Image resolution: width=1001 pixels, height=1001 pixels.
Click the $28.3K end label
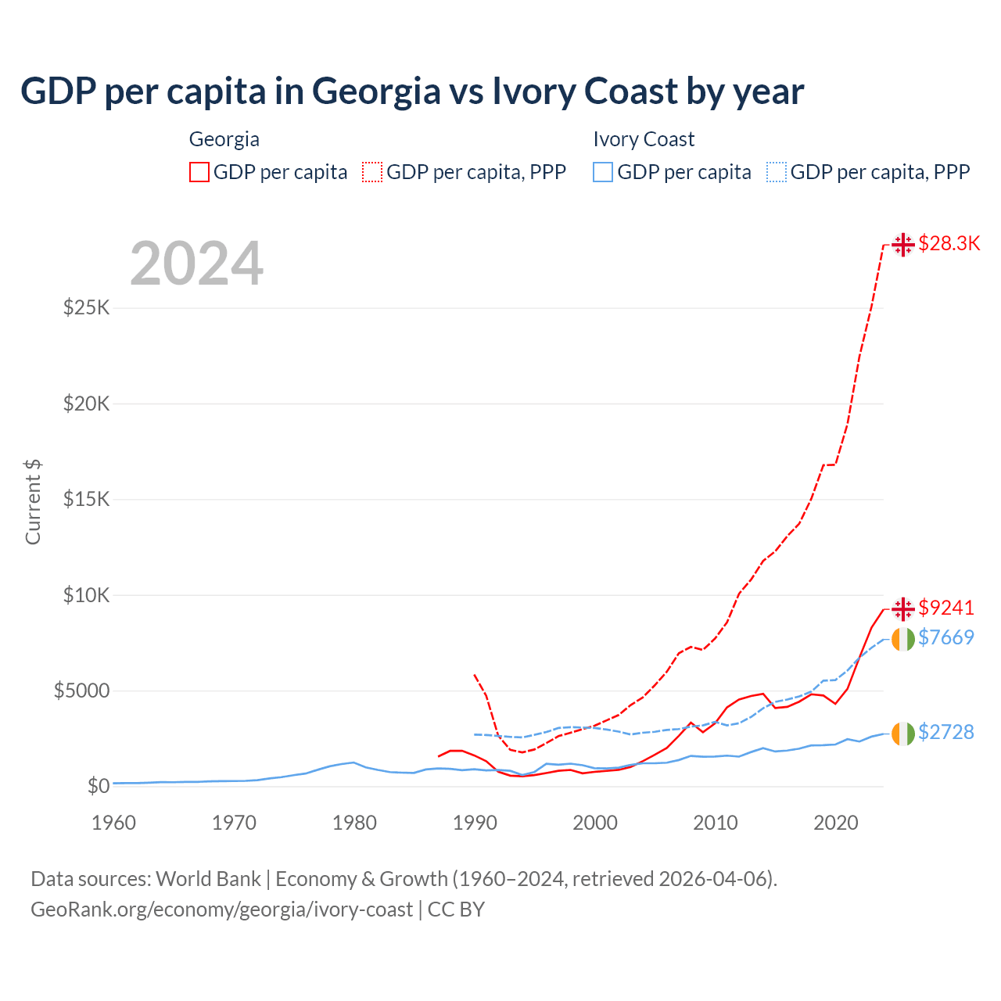[x=949, y=243]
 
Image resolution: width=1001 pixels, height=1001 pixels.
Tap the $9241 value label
[x=945, y=608]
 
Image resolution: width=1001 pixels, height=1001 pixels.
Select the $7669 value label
[x=945, y=637]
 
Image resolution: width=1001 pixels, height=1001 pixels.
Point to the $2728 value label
[x=945, y=732]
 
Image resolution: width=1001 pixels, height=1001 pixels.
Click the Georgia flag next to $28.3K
[x=903, y=244]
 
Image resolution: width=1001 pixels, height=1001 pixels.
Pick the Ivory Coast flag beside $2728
[x=903, y=734]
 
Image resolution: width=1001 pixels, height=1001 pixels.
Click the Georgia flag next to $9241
[x=903, y=608]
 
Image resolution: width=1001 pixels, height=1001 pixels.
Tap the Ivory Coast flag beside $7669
[x=903, y=639]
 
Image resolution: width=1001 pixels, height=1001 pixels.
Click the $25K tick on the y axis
[x=87, y=307]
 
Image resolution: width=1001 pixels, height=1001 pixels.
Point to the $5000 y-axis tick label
[x=81, y=691]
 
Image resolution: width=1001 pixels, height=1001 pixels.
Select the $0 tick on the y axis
[x=98, y=786]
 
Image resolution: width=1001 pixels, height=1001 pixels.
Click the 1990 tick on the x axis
[x=475, y=823]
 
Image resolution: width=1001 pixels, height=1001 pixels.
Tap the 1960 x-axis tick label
[x=114, y=823]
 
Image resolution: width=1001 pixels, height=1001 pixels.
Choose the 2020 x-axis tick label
[x=836, y=823]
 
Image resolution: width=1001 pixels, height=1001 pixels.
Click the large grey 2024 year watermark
[x=196, y=264]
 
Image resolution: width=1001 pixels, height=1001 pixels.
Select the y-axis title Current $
[x=33, y=502]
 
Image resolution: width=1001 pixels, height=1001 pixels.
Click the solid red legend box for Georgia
[x=199, y=172]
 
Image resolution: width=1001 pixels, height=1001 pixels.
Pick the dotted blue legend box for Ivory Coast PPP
[x=777, y=172]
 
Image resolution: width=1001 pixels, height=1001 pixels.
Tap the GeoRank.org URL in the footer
[x=221, y=910]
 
